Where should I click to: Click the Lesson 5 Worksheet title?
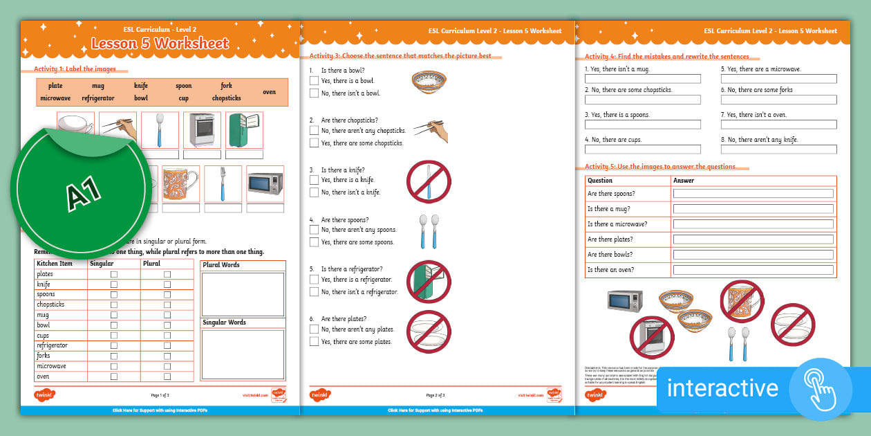point(160,44)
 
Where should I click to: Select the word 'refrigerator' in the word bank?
point(98,98)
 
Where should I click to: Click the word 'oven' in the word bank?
point(269,92)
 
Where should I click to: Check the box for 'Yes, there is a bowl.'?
point(314,80)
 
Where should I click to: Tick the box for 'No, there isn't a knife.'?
point(314,192)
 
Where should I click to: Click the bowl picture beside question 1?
point(428,80)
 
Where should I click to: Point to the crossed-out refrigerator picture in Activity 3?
point(428,280)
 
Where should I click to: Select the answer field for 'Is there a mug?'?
point(753,209)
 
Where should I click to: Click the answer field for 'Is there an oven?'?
point(753,270)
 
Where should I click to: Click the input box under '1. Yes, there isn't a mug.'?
point(642,79)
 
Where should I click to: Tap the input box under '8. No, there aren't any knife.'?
point(778,149)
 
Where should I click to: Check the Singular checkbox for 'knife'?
point(114,284)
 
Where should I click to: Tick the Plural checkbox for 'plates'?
point(167,274)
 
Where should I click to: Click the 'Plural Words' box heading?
point(221,265)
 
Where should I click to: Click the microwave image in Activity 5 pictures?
point(625,301)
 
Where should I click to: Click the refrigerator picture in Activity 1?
point(244,129)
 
